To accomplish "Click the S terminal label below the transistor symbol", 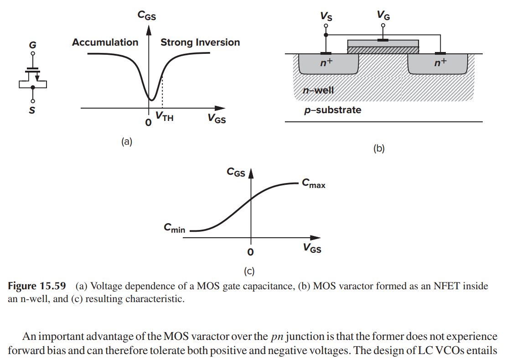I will tap(32, 110).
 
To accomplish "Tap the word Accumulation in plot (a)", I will tap(105, 42).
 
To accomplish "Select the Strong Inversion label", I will tap(200, 42).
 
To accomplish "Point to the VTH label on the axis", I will tap(164, 117).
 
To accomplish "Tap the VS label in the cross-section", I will tap(326, 16).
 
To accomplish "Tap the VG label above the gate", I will tap(383, 16).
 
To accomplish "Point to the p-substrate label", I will tap(333, 110).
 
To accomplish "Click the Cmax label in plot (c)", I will tap(314, 184).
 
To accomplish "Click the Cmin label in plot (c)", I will tap(175, 228).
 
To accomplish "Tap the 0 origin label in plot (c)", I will tap(250, 251).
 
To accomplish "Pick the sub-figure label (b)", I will tap(379, 148).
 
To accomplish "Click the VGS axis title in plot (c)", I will tap(312, 248).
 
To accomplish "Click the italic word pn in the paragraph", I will tap(277, 337).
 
